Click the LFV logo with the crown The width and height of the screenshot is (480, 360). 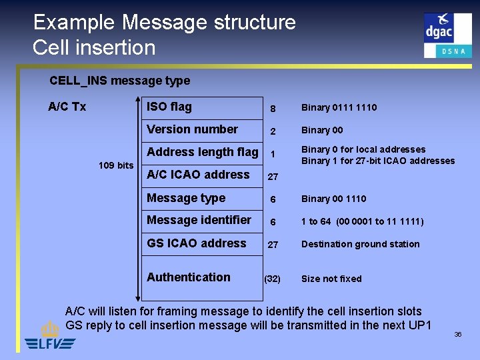(x=50, y=337)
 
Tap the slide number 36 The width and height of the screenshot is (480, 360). (x=458, y=335)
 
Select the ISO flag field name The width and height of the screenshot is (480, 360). (x=169, y=107)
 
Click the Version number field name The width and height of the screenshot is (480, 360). (x=192, y=129)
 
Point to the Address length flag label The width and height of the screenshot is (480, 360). (x=202, y=152)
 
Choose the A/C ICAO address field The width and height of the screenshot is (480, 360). (x=198, y=175)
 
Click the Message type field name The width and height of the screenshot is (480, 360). (x=186, y=198)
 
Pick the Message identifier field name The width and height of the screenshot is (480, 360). (x=199, y=220)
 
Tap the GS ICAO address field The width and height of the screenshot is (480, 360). (x=196, y=243)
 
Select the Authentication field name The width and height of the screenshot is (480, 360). (x=189, y=277)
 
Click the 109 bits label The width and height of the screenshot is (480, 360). (x=116, y=165)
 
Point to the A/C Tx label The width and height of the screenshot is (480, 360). (x=67, y=107)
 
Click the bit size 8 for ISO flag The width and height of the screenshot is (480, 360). (x=272, y=108)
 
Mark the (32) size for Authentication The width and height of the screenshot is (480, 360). (x=272, y=279)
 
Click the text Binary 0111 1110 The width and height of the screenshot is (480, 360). (x=339, y=107)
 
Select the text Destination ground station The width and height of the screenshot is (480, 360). (x=360, y=244)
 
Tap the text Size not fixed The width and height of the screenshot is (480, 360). (x=331, y=279)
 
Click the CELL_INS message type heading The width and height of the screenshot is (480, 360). (x=119, y=81)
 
